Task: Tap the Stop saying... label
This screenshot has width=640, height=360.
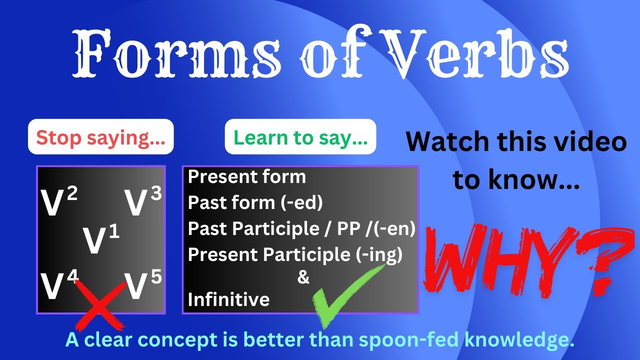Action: [x=100, y=136]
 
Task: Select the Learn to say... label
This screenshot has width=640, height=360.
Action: [x=300, y=136]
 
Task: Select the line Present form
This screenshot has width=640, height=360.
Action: [x=246, y=176]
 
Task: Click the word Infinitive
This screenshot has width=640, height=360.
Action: [x=228, y=299]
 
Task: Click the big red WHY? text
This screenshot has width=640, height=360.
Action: [x=522, y=260]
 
